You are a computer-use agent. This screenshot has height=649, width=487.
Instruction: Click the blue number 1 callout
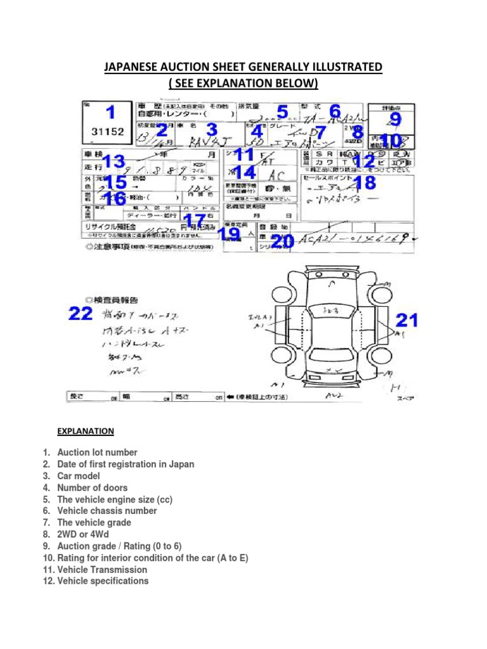111,113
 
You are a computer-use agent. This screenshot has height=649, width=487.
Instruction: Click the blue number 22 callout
81,314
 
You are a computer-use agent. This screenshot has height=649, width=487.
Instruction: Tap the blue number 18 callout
366,184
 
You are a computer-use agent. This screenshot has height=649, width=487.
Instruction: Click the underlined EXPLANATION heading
86,431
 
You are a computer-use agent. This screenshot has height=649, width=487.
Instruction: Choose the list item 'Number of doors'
92,487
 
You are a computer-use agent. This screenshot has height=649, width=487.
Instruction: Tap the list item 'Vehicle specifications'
103,581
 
